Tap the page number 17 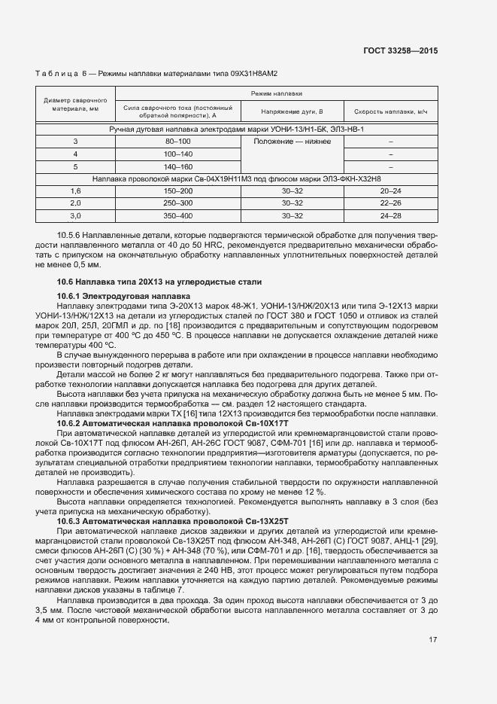(432, 640)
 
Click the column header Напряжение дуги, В (292, 111)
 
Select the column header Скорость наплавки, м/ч (391, 111)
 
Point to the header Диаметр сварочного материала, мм (75, 104)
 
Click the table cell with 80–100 (178, 142)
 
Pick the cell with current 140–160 (178, 166)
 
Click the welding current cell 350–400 (178, 215)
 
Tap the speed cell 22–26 (391, 203)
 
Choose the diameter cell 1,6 (75, 191)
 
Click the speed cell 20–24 (391, 191)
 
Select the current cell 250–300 (178, 203)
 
